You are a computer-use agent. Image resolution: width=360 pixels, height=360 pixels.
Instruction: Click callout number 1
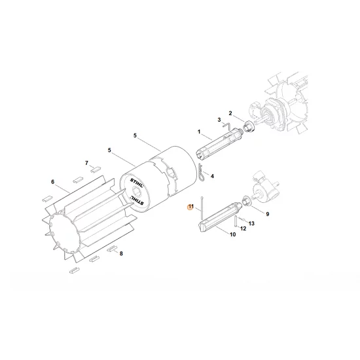pos(198,132)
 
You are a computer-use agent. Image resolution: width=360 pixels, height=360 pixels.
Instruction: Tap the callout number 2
pos(230,113)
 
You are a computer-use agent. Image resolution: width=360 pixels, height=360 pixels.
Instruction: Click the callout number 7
pos(86,162)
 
